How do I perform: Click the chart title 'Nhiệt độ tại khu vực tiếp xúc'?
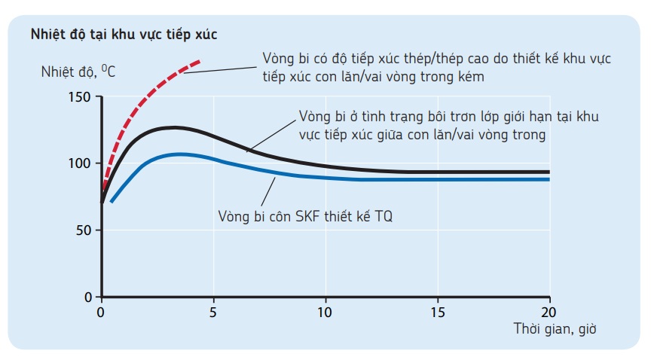(x=124, y=34)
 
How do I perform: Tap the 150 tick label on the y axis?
(x=79, y=97)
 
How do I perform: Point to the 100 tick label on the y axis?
(x=79, y=163)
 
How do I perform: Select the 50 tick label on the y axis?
(x=83, y=230)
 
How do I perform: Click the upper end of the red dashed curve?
(x=200, y=60)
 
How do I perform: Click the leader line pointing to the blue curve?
(x=264, y=191)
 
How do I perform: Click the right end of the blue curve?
(x=549, y=179)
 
